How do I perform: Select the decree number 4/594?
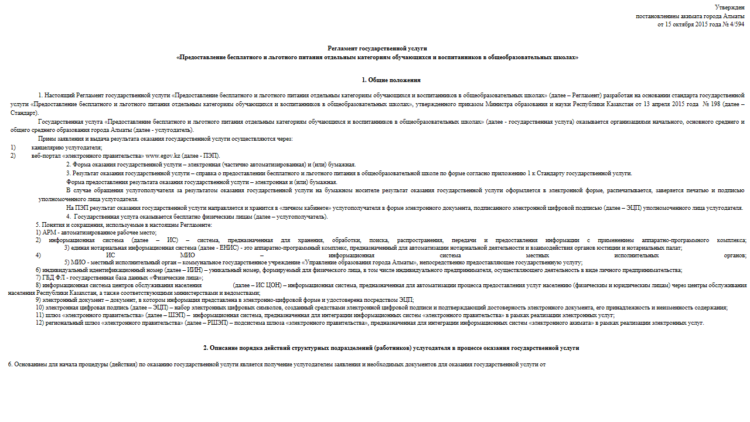coord(735,25)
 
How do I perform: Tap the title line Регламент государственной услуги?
coord(377,47)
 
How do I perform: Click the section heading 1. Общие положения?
coord(391,80)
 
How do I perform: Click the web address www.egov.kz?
coord(162,156)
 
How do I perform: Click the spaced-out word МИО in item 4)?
coord(187,256)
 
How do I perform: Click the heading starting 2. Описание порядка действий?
coord(391,348)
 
